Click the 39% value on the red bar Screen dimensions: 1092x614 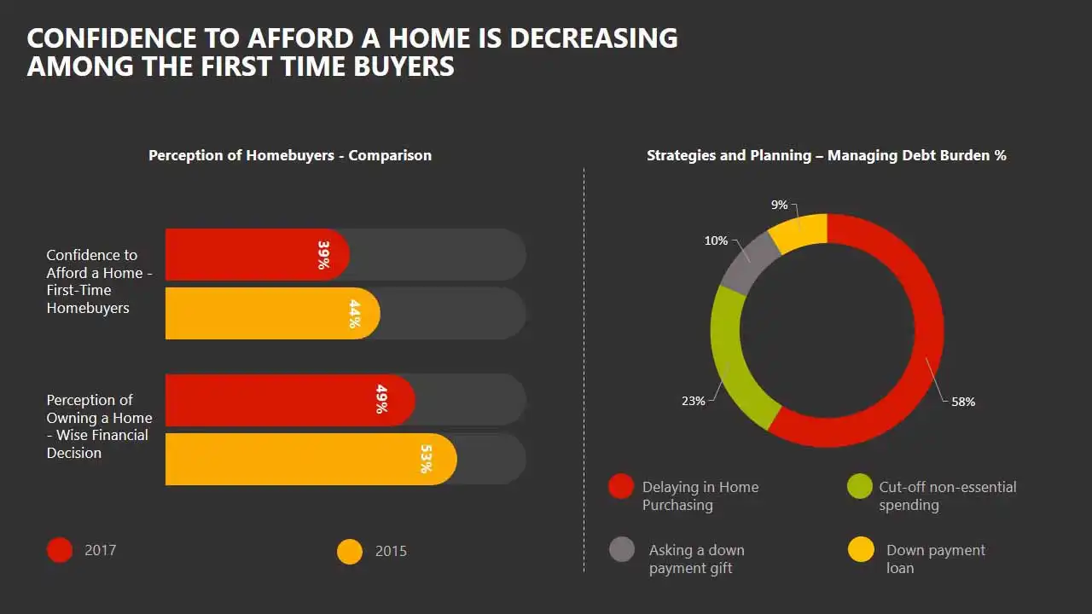[323, 255]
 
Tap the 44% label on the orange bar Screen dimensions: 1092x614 [354, 314]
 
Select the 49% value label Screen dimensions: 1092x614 [381, 399]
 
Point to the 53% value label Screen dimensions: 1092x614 [426, 459]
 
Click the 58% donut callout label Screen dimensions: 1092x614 [963, 402]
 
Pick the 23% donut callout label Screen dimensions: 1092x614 [694, 401]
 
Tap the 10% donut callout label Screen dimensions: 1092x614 [716, 240]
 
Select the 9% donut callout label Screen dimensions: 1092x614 [779, 206]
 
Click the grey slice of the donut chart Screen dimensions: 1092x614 [748, 264]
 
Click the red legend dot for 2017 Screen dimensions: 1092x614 [60, 550]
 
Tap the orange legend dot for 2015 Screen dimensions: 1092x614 [350, 552]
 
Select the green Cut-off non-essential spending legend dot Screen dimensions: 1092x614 [859, 486]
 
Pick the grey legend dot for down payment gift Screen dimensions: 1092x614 [622, 549]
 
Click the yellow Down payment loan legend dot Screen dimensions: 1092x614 [861, 549]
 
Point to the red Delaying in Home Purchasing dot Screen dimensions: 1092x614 [621, 486]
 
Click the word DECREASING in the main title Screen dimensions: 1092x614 [593, 38]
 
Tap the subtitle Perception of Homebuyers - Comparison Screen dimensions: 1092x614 [290, 155]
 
